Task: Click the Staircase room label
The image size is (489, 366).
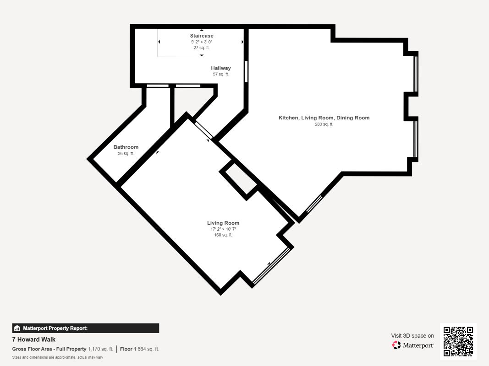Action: coord(202,36)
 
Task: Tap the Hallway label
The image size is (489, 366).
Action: coord(221,68)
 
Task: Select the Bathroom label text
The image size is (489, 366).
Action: coord(126,147)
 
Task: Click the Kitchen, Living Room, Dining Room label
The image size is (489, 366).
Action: coord(324,118)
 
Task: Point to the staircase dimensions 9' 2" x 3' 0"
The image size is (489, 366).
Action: coord(202,42)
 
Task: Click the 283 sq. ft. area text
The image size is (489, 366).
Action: coord(324,124)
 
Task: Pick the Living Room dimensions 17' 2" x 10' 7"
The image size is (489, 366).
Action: coord(223,229)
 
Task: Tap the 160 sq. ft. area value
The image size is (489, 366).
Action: coord(223,235)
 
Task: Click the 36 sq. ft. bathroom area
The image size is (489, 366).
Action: coord(126,153)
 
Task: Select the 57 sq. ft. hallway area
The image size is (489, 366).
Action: coord(221,74)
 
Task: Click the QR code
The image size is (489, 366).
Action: coord(458,341)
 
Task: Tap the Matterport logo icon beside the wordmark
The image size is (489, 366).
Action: coord(396,345)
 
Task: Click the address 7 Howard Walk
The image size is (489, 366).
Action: coord(33,339)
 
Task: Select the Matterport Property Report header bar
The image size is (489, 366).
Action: coord(85,328)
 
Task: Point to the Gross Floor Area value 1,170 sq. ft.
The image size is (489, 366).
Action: coord(100,349)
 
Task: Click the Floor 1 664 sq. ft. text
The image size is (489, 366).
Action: coord(139,349)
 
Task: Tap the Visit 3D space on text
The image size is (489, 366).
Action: coord(412,336)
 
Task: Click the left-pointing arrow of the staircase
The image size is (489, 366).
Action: coord(159,42)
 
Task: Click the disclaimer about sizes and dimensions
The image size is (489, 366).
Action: coord(58,357)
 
